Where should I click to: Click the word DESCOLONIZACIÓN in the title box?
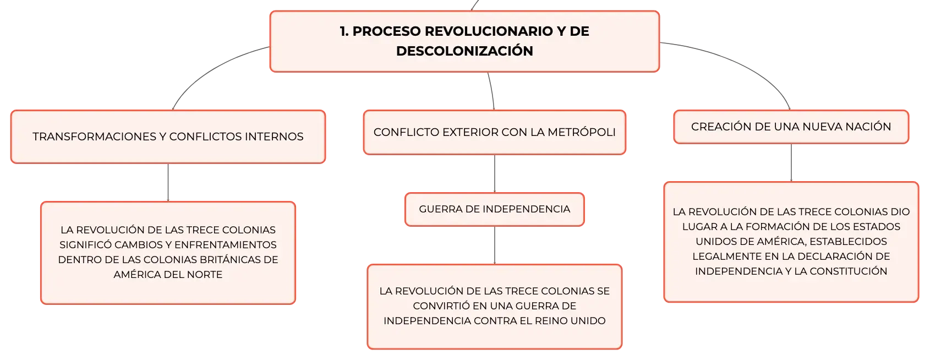(464, 51)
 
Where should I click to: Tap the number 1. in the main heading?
(344, 31)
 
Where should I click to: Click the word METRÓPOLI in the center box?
(581, 132)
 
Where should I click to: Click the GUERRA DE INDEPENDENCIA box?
(495, 209)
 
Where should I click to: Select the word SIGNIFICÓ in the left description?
(85, 244)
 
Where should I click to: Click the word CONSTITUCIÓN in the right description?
(848, 271)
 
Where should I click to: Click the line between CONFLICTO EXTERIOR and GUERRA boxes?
(495, 173)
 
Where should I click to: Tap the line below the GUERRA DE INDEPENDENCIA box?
(495, 246)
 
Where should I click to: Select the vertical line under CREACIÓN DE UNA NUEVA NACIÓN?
(791, 163)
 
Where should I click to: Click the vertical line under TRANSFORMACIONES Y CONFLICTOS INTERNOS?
(168, 182)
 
